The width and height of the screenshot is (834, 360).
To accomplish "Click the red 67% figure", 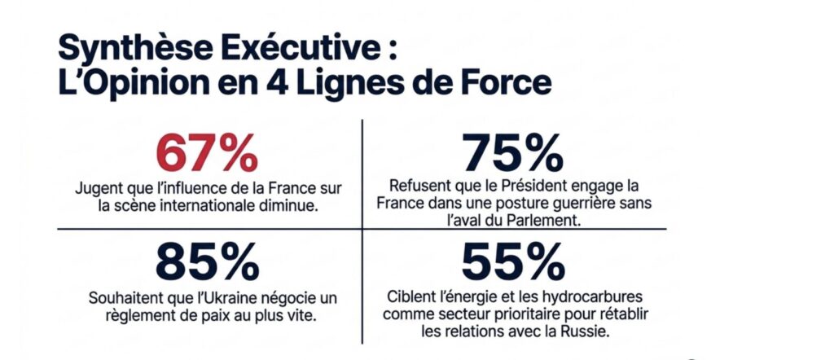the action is pyautogui.click(x=207, y=153).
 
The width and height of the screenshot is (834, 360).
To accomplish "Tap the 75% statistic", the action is pyautogui.click(x=513, y=152).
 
